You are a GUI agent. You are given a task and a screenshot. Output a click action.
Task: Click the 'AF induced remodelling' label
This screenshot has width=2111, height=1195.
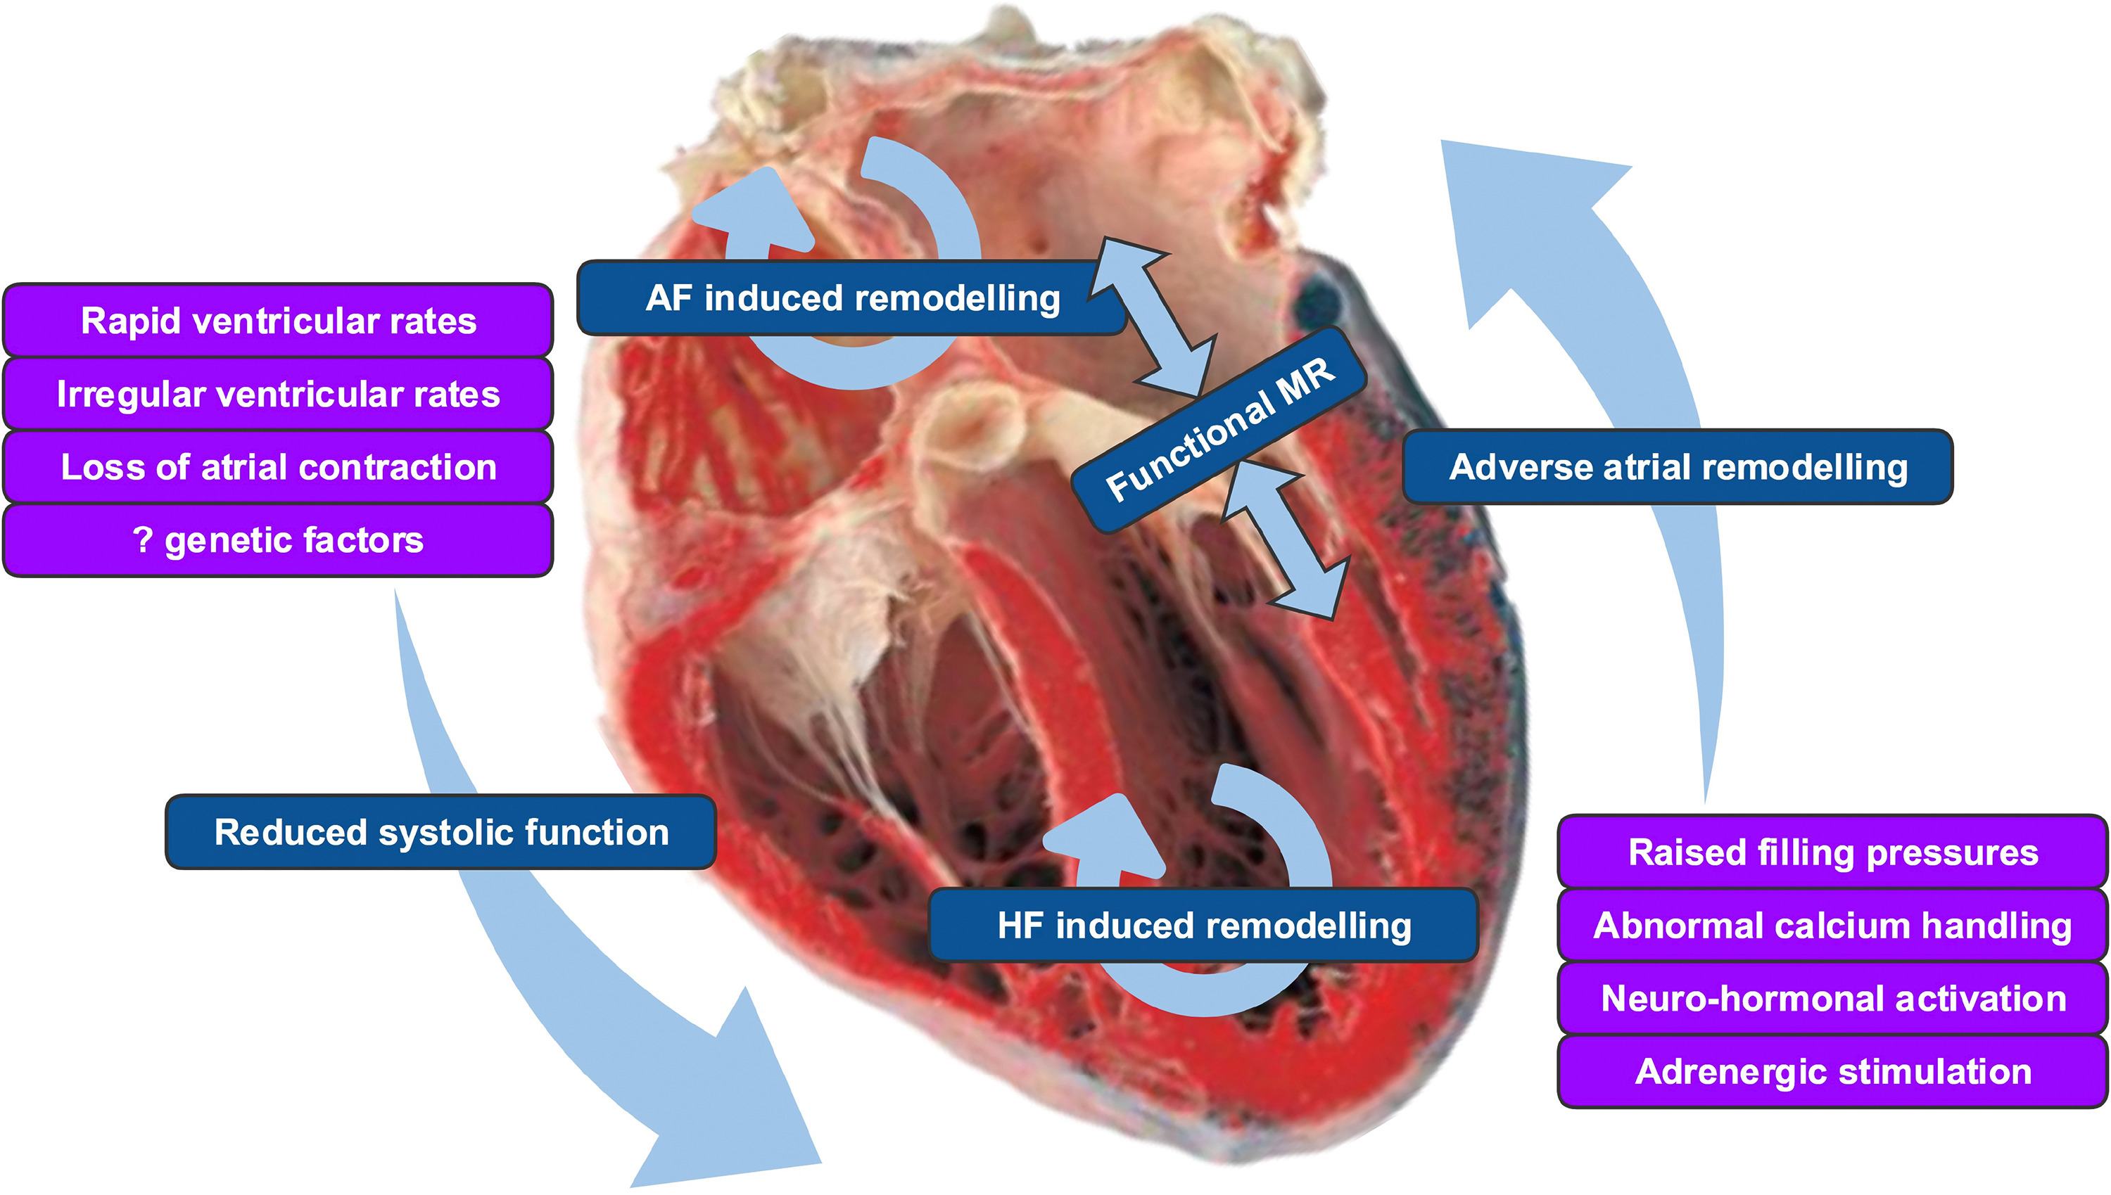pos(851,298)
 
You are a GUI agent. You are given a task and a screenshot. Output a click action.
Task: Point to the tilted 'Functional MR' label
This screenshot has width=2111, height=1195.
pos(1220,429)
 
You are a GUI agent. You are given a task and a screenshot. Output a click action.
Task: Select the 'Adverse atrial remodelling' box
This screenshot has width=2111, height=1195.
pos(1678,466)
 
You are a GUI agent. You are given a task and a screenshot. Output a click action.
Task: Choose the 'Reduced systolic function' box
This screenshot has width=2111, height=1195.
pos(441,831)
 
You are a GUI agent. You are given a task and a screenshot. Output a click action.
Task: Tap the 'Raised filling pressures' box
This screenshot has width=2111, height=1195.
pos(1832,852)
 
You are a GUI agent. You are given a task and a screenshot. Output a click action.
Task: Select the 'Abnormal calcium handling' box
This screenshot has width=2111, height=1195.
pos(1832,925)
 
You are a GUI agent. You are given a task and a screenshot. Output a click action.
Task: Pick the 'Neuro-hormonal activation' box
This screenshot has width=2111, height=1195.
pos(1832,998)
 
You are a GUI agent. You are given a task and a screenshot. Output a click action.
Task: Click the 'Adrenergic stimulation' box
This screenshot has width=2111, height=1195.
pos(1832,1071)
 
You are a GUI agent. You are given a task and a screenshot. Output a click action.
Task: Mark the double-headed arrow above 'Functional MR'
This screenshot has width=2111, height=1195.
pos(1153,317)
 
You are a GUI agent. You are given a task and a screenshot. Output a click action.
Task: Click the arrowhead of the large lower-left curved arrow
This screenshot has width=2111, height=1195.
pos(731,1100)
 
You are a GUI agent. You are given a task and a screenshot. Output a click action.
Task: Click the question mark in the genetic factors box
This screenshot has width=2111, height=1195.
pos(143,539)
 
